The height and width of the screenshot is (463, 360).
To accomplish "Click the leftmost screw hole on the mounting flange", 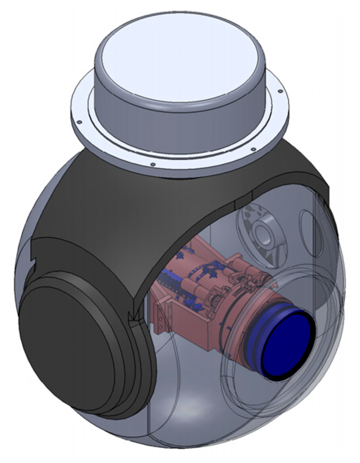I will pyautogui.click(x=80, y=122).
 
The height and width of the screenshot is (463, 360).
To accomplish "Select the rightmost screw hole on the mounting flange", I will pyautogui.click(x=279, y=90).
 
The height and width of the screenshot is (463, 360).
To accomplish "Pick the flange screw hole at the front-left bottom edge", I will pyautogui.click(x=153, y=164).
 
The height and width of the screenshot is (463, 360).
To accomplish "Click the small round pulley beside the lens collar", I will pyautogui.click(x=215, y=300).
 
